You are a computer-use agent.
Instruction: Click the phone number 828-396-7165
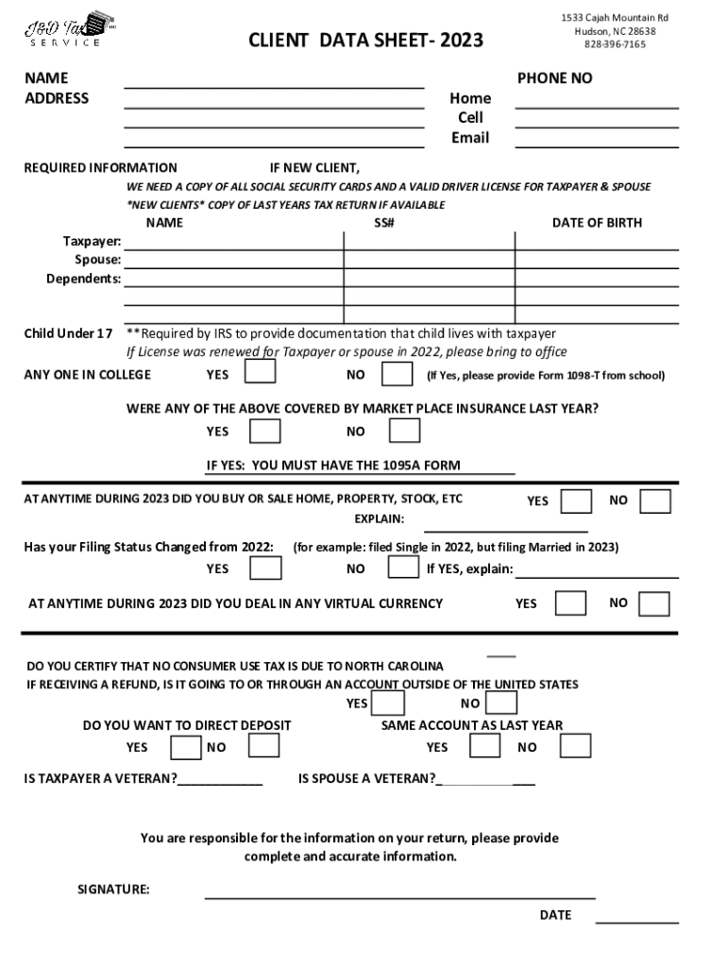(615, 44)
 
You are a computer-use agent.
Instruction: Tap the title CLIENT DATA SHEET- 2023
(365, 40)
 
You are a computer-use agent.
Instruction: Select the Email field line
(596, 140)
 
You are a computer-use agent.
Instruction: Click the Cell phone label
(470, 118)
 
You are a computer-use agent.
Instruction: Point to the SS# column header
(383, 223)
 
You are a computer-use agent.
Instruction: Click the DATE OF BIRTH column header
(597, 223)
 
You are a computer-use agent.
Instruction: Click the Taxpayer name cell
(233, 242)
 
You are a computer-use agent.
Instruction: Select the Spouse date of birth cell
(596, 260)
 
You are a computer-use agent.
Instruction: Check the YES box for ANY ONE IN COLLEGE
(261, 373)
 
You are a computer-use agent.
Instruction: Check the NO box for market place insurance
(405, 431)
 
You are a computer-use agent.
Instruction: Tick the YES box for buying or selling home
(577, 500)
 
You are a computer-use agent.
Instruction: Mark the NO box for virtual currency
(654, 603)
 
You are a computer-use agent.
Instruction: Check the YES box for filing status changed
(265, 568)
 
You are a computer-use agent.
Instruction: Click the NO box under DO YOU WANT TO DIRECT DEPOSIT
(264, 746)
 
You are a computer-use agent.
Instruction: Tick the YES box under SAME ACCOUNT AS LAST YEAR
(485, 746)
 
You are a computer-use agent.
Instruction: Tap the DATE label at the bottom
(555, 915)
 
